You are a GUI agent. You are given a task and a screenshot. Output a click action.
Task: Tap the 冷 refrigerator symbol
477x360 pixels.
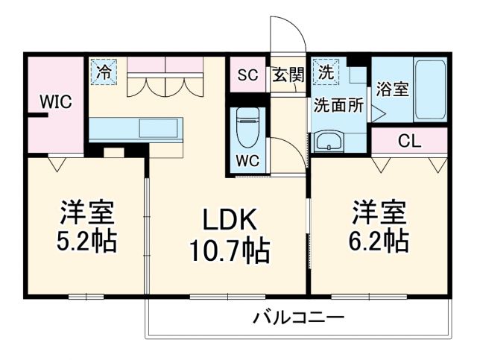(104, 72)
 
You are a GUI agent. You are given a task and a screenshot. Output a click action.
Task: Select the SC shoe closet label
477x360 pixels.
(247, 75)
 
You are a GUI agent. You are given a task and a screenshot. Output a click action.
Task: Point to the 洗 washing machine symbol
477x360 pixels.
(326, 72)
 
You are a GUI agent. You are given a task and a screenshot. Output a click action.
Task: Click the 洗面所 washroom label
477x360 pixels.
(338, 106)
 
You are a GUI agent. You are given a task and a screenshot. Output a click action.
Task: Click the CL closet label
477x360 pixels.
(408, 140)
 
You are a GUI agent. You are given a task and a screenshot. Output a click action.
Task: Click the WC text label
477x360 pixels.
(247, 160)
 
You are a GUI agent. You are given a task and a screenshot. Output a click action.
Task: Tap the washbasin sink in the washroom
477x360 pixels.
(329, 141)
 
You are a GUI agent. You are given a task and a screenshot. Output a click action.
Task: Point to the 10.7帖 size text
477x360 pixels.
(227, 249)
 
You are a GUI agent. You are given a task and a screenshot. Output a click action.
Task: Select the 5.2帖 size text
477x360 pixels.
(87, 242)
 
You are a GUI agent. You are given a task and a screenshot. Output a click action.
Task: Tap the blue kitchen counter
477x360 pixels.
(135, 128)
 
